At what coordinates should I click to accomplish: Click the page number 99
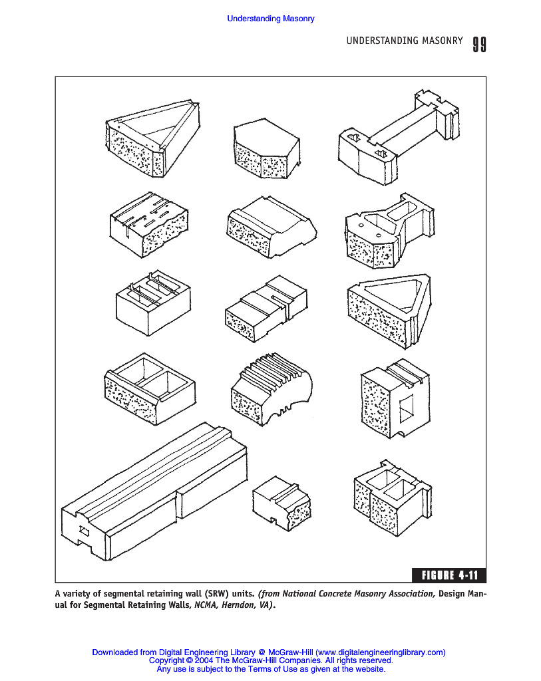coord(479,44)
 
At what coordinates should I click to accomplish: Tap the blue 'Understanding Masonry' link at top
coord(270,19)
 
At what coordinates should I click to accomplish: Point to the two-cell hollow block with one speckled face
coord(149,388)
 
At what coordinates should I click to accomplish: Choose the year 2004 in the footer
coord(204,661)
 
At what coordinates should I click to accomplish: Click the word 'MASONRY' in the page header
coord(443,41)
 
